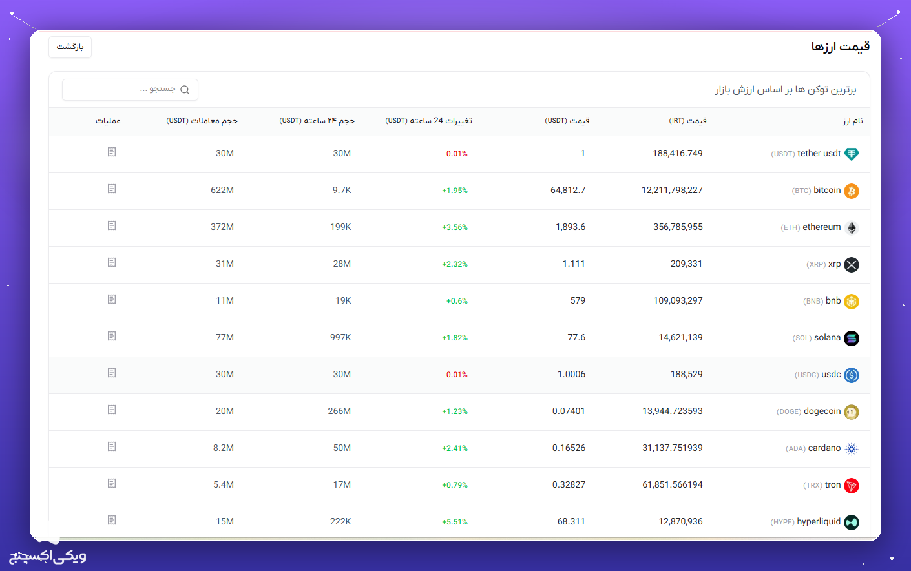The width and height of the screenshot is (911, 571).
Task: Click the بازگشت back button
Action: [70, 47]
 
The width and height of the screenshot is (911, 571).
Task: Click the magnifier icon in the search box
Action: [185, 90]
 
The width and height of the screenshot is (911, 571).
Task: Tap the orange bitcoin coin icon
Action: [851, 191]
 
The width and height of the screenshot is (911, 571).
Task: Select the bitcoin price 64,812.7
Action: [568, 190]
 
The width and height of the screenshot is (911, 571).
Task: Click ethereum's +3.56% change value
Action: [455, 227]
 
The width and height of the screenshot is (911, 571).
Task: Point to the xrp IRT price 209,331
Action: [686, 264]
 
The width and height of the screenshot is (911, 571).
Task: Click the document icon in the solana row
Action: [112, 336]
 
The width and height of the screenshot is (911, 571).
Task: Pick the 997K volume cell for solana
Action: [340, 337]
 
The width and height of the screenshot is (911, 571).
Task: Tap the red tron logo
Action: [851, 485]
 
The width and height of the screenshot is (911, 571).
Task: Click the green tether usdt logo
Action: [851, 154]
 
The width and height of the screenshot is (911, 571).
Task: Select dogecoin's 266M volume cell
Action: [339, 411]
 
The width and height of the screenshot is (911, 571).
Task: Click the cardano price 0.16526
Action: [569, 448]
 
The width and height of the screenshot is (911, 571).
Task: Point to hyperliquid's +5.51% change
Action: [455, 522]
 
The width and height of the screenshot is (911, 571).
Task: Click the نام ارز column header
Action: [852, 121]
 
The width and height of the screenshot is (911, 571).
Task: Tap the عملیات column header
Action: [108, 121]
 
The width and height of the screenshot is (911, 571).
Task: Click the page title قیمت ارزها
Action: [840, 47]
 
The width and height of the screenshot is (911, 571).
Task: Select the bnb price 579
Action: [578, 300]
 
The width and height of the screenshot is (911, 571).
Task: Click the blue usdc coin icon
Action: [851, 375]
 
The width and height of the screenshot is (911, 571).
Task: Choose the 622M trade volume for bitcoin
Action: [222, 190]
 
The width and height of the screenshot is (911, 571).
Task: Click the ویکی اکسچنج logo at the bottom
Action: [48, 555]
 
